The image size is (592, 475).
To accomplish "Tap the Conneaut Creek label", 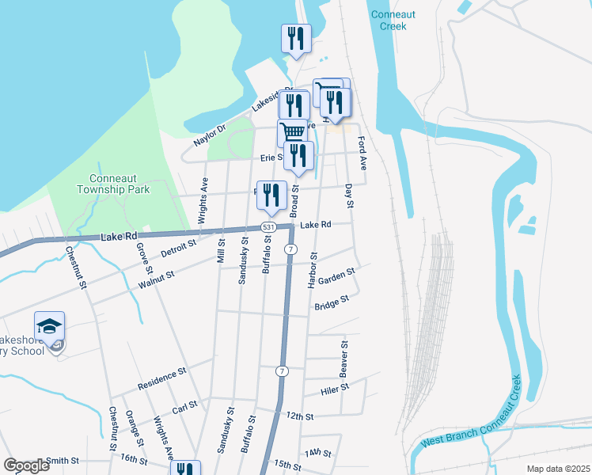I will tap(389, 21).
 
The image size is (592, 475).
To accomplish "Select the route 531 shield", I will tap(269, 227).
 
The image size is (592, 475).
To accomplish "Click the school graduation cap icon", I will tap(49, 327).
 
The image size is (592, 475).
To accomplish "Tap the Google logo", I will tap(26, 465).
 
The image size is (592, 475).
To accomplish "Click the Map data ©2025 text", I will tap(557, 469).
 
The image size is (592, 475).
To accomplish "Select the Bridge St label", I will tap(332, 303).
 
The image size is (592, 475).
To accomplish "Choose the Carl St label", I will tap(184, 405).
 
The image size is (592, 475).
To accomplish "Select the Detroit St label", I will tap(177, 249).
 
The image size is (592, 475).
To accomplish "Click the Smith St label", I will tap(63, 460).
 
